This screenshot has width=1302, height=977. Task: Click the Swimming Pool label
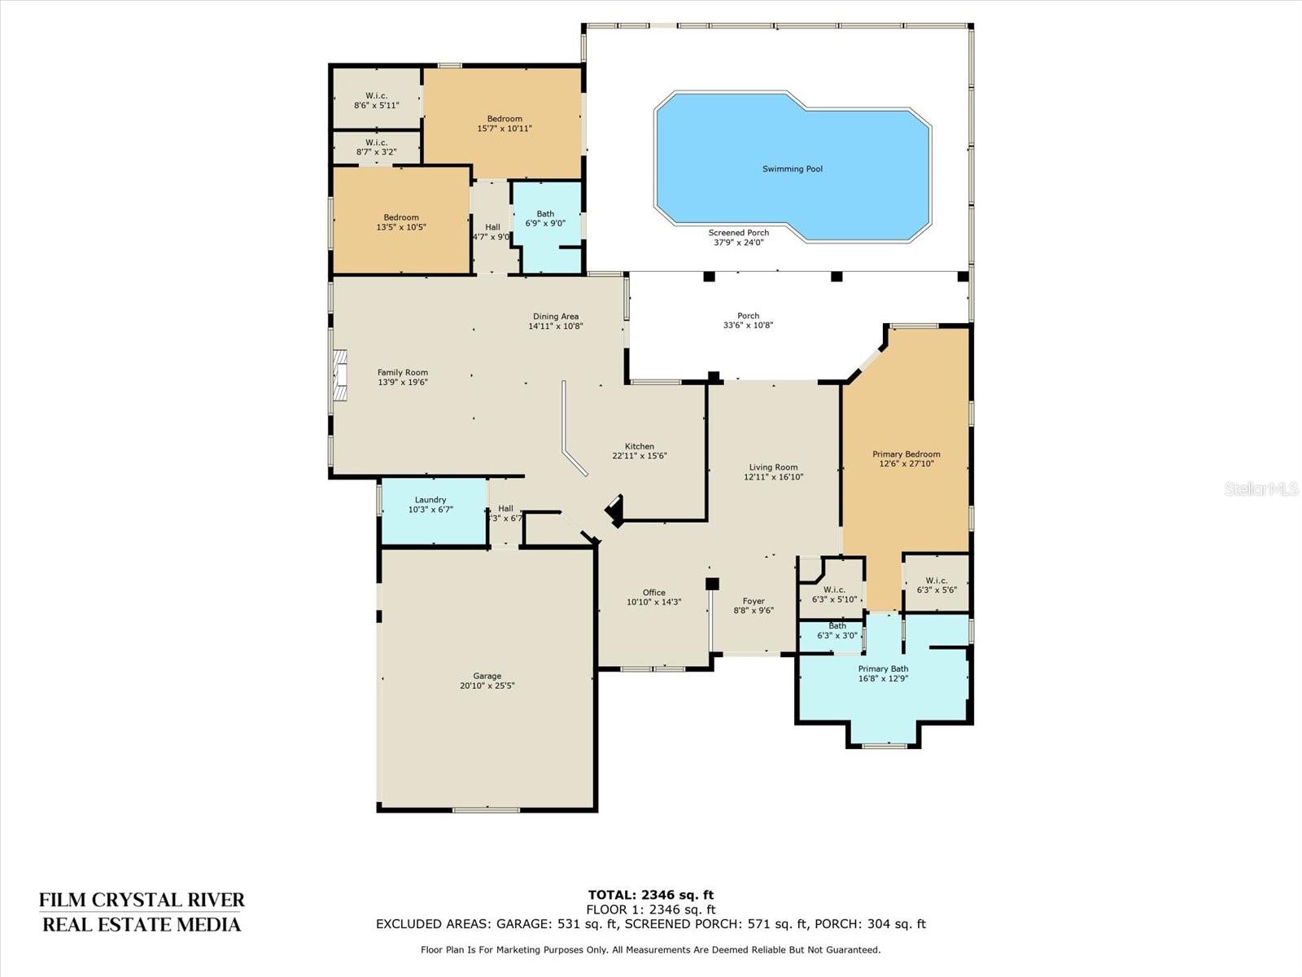point(792,169)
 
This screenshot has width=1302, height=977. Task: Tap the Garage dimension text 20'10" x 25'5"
point(487,686)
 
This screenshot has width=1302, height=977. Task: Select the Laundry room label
point(430,499)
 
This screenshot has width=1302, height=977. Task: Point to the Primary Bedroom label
point(906,454)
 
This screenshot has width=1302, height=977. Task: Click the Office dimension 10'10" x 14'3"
point(653,602)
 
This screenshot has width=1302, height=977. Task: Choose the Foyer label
point(754,601)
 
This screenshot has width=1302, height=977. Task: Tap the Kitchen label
point(640,446)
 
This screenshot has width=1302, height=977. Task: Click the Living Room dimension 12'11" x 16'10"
point(774,477)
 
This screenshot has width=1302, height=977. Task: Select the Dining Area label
point(555,316)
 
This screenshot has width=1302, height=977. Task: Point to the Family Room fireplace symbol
point(339,376)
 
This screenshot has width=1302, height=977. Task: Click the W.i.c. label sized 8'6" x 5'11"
point(376,95)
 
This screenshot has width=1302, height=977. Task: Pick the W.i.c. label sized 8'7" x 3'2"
point(376,142)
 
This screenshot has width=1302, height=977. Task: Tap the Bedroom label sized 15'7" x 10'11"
point(505,119)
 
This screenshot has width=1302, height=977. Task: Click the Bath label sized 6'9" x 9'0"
point(545,213)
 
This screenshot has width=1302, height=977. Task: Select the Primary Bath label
point(883,668)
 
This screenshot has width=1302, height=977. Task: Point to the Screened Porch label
point(739,233)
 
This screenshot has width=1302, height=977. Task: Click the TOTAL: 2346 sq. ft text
point(651,895)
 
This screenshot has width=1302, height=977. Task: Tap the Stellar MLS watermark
point(1261,488)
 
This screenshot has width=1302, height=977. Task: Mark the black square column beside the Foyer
point(712,584)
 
